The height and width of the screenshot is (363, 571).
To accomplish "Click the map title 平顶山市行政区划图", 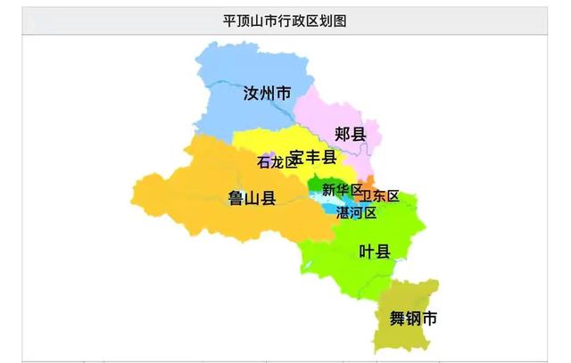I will pyautogui.click(x=285, y=20).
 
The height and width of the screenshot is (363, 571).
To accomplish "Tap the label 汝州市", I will pyautogui.click(x=267, y=93).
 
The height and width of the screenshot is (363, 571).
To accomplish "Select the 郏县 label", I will pyautogui.click(x=351, y=134).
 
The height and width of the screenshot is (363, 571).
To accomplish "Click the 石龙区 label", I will pyautogui.click(x=276, y=162).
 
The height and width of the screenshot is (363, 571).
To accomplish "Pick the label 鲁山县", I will pyautogui.click(x=251, y=198).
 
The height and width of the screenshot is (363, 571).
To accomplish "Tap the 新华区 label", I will pyautogui.click(x=342, y=190).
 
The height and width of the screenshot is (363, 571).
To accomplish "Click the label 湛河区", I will pyautogui.click(x=356, y=213).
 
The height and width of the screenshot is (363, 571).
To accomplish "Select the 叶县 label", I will pyautogui.click(x=374, y=252).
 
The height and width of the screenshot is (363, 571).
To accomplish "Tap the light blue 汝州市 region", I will pyautogui.click(x=241, y=67).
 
